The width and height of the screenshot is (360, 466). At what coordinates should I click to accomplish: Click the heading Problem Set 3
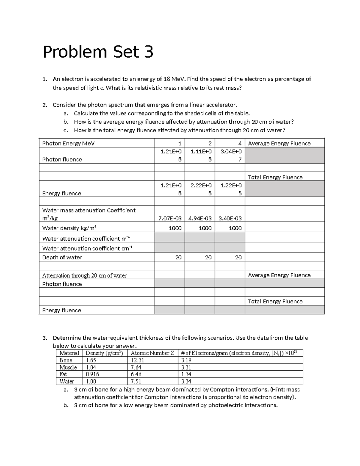tap(98, 52)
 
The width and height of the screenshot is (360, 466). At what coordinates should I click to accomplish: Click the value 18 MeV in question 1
tap(174, 79)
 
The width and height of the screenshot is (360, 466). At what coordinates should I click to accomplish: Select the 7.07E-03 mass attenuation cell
tap(170, 218)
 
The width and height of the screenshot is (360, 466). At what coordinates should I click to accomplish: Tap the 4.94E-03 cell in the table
tap(200, 218)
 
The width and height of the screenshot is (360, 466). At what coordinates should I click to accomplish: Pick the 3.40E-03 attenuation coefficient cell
tap(230, 218)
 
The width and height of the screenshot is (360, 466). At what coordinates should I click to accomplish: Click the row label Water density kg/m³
tap(69, 228)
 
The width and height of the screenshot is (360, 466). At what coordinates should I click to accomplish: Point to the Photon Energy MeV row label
tap(68, 143)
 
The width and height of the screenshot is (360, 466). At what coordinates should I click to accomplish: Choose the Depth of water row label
tap(62, 257)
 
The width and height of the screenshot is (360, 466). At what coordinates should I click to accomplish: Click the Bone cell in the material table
tap(66, 360)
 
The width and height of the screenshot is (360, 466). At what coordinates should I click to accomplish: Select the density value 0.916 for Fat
tap(92, 374)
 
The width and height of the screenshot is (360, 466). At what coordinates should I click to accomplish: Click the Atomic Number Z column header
tap(152, 353)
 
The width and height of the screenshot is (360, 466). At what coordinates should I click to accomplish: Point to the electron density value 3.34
tap(186, 381)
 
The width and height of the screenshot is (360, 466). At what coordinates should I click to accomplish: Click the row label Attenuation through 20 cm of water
tap(84, 275)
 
